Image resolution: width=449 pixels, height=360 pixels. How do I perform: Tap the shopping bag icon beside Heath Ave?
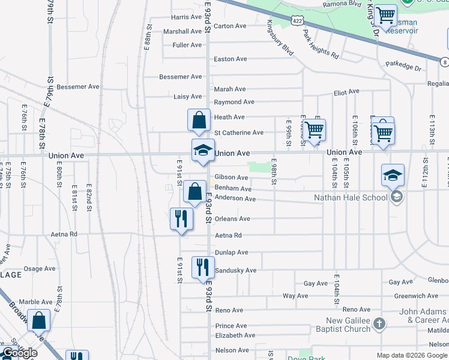199,119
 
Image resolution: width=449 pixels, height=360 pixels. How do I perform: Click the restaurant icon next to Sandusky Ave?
203,267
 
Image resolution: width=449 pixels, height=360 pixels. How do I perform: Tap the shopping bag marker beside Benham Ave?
194,192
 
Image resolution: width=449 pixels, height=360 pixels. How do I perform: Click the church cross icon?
378,324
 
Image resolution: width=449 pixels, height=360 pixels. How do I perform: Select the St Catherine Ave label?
239,133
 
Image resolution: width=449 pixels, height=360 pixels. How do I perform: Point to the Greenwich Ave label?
417,296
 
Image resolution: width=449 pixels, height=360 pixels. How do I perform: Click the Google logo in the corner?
20,353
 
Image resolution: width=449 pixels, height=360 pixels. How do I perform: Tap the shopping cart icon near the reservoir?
384,14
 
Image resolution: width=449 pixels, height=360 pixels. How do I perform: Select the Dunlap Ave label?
231,253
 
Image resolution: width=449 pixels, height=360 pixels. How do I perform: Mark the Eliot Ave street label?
346,92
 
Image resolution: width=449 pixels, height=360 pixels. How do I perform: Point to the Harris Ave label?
186,17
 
